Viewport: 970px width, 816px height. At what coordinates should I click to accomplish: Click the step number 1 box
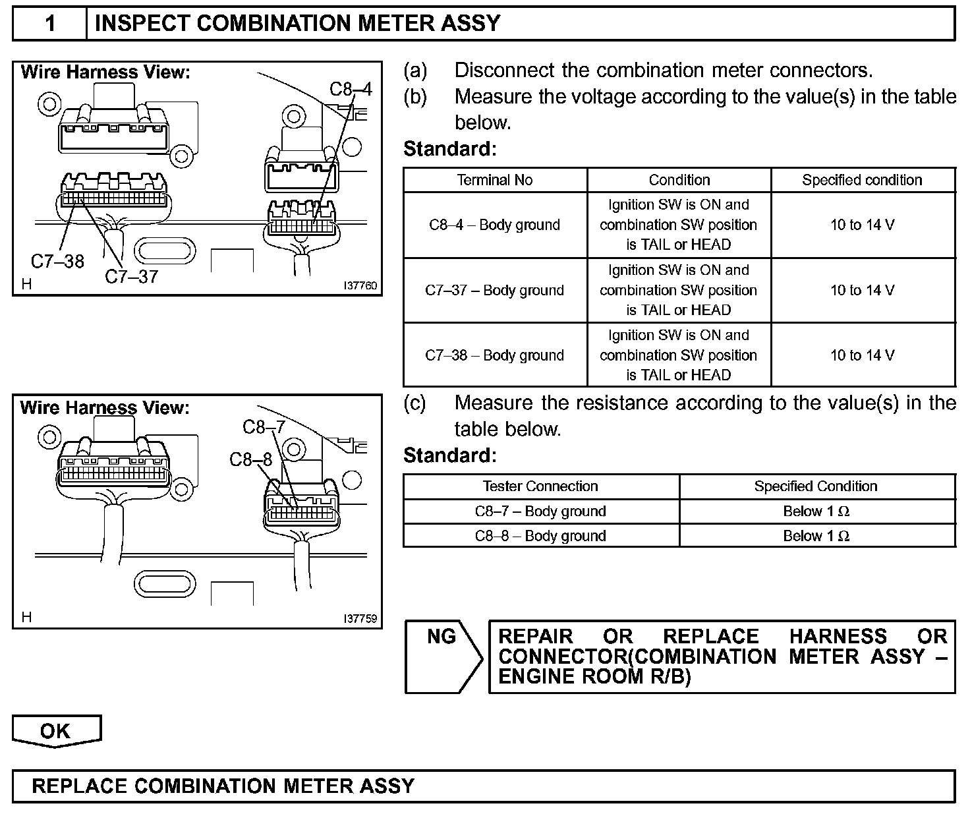tap(50, 24)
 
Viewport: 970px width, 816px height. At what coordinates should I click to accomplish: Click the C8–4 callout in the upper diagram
tap(351, 89)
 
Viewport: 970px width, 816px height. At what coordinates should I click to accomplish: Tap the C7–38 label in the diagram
tap(57, 262)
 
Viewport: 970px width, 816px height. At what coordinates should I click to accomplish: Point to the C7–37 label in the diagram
tap(132, 276)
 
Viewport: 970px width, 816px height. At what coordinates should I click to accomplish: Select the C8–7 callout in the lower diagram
tap(264, 427)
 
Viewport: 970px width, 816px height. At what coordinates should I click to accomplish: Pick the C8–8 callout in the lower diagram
tap(250, 459)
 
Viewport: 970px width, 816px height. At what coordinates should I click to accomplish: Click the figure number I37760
tap(360, 286)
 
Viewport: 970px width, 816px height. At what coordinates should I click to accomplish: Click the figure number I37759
tap(360, 619)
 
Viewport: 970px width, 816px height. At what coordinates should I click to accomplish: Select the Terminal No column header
tap(495, 180)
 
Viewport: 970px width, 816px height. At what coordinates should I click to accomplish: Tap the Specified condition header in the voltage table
tap(862, 180)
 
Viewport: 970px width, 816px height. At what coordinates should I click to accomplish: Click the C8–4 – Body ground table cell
tap(495, 225)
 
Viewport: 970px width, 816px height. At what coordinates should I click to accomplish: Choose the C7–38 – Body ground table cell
tap(495, 355)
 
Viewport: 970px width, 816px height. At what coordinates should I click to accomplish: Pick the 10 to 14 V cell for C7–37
tap(862, 290)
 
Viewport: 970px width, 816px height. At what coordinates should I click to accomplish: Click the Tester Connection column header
tap(540, 486)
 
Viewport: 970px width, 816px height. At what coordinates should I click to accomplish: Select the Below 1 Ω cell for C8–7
tap(816, 511)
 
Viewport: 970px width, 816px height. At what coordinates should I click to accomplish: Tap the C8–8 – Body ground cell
tap(540, 536)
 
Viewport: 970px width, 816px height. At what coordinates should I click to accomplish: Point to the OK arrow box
tap(56, 731)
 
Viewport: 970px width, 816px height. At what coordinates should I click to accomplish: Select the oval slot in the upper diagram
tap(165, 250)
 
